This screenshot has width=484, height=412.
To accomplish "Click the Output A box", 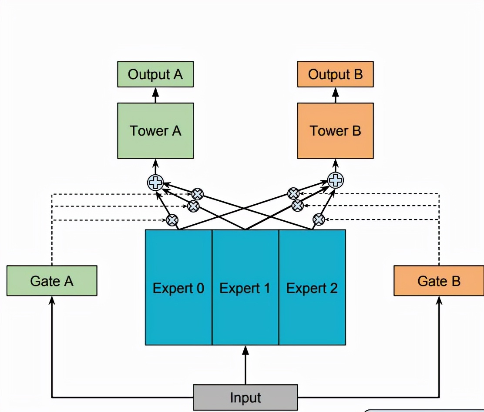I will point(155,74).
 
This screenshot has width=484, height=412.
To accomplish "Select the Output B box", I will point(335,74).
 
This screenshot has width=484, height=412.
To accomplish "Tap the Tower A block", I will point(155,130).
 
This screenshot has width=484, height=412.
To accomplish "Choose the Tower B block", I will point(335,130).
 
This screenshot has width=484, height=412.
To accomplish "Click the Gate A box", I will point(52,281).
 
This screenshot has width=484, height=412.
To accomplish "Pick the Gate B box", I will point(439,281).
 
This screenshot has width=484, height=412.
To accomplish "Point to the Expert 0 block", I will point(178,287).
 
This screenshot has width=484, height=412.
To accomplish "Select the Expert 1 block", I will point(245,287).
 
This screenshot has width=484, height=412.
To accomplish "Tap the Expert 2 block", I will point(312,287).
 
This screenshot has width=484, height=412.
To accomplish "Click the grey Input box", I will point(245,397).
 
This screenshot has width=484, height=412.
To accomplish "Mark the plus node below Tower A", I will point(155,183).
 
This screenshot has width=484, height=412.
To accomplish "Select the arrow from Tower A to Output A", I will point(155,95).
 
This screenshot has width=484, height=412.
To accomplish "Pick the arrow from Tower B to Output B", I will point(335,95).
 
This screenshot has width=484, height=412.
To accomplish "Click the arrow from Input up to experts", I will point(245,365).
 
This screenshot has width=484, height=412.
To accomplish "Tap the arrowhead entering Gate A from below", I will point(52,300).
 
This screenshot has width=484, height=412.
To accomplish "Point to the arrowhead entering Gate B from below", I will point(439,300).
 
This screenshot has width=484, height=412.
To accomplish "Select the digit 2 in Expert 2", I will point(333,288).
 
